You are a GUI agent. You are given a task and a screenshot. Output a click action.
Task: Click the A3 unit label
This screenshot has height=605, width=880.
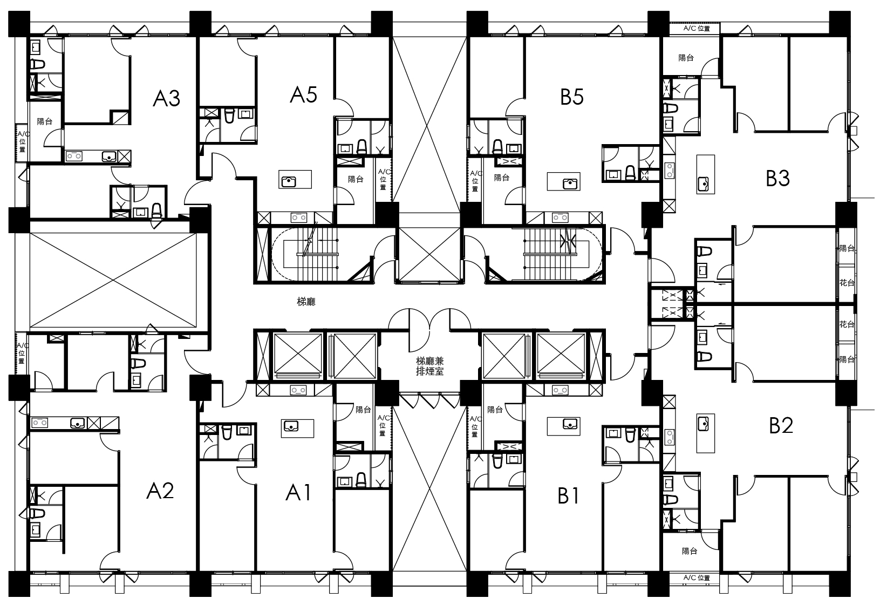(x=166, y=98)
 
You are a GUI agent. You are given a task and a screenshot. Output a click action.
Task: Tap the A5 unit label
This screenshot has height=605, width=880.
(x=303, y=94)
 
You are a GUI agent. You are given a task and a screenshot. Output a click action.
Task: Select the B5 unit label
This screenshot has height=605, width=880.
(x=571, y=97)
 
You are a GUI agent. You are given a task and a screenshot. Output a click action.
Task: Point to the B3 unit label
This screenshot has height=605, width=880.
(x=777, y=178)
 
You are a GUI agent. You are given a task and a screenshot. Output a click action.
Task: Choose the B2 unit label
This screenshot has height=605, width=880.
(x=781, y=425)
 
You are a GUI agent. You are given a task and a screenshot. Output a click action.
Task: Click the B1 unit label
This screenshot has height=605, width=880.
(x=568, y=496)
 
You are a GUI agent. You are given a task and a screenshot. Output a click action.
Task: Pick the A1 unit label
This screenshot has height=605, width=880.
(x=298, y=493)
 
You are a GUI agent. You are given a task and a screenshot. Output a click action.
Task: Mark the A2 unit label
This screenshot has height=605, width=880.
(x=160, y=490)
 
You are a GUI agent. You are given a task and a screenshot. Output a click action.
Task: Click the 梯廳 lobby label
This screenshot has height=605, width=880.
(x=306, y=302)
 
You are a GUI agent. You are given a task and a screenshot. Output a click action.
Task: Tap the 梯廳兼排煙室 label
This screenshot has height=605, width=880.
(x=430, y=366)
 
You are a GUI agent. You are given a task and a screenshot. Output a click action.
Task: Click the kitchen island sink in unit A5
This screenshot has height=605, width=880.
(x=289, y=182)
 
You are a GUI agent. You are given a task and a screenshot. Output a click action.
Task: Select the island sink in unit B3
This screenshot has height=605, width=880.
(x=703, y=183)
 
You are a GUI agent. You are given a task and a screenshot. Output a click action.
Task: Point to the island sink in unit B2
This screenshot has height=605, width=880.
(x=703, y=424)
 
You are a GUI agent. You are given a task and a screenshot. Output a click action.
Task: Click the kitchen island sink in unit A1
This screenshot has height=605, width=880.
(x=291, y=425)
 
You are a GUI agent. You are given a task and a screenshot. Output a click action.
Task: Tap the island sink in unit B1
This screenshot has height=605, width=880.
(x=570, y=424)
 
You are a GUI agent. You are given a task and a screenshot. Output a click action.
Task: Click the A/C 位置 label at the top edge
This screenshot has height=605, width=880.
(x=697, y=28)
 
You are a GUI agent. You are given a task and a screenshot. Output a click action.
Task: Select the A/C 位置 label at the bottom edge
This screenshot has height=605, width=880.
(x=697, y=577)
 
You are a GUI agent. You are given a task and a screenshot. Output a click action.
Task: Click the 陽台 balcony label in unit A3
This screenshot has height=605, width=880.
(x=44, y=121)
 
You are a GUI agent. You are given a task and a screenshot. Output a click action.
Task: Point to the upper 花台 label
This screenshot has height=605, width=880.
(x=847, y=282)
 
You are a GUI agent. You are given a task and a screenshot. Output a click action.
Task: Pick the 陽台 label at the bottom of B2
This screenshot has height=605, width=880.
(x=690, y=551)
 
